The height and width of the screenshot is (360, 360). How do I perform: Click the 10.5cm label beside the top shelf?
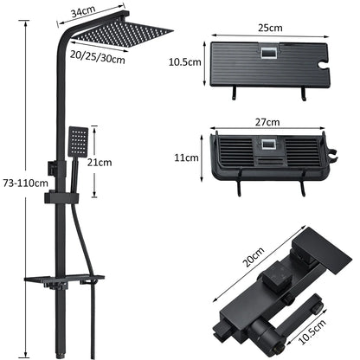tap(184, 62)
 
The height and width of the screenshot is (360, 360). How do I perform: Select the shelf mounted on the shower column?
tap(61, 281)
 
